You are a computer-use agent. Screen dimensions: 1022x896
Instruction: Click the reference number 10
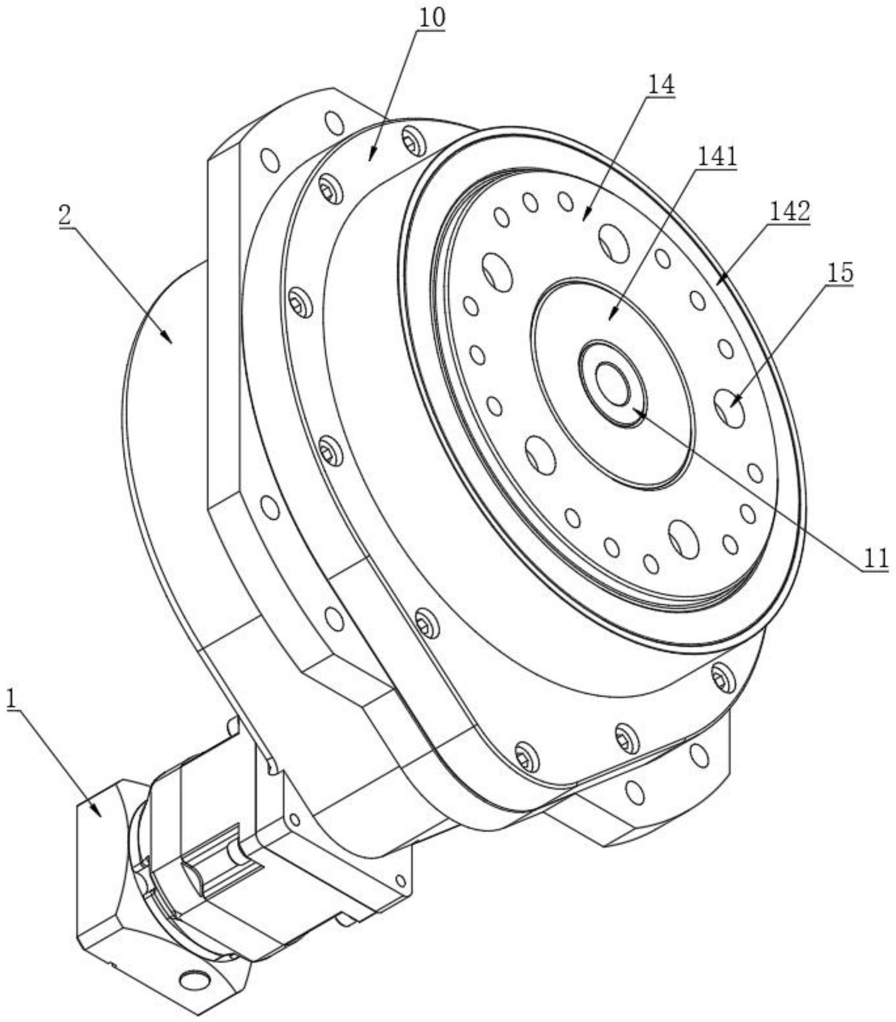(x=431, y=18)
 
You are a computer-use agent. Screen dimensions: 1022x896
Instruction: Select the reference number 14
(x=661, y=85)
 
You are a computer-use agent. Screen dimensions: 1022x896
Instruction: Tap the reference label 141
(x=717, y=156)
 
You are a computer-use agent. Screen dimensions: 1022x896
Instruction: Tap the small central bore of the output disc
(x=613, y=383)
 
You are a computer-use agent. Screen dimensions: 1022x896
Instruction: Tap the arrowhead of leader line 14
(x=585, y=218)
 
